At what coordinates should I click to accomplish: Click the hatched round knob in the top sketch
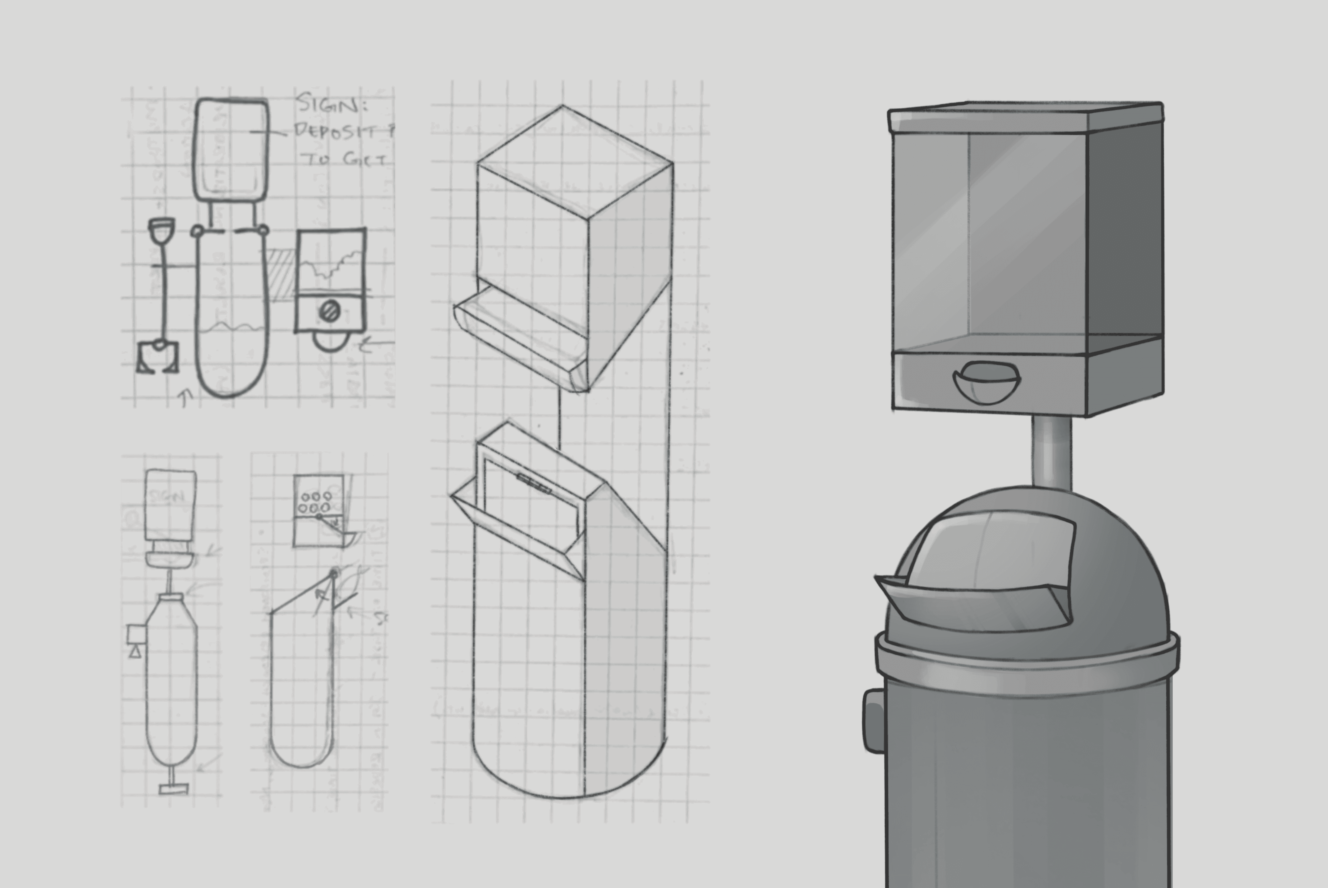[x=328, y=311]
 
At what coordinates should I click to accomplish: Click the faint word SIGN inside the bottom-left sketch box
[x=168, y=497]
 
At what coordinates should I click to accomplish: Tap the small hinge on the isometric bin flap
[x=533, y=483]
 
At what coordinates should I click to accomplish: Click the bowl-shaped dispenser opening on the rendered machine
[x=986, y=384]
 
